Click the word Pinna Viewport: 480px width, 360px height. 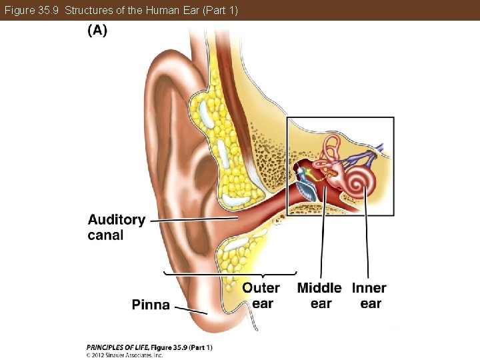151,305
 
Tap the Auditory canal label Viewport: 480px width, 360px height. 116,227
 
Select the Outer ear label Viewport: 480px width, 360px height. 261,295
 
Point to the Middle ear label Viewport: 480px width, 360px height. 319,295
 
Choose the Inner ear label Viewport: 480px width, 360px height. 369,295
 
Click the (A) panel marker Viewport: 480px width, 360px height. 97,30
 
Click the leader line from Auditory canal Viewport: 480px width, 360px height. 193,219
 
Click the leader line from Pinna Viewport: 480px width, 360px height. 190,309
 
